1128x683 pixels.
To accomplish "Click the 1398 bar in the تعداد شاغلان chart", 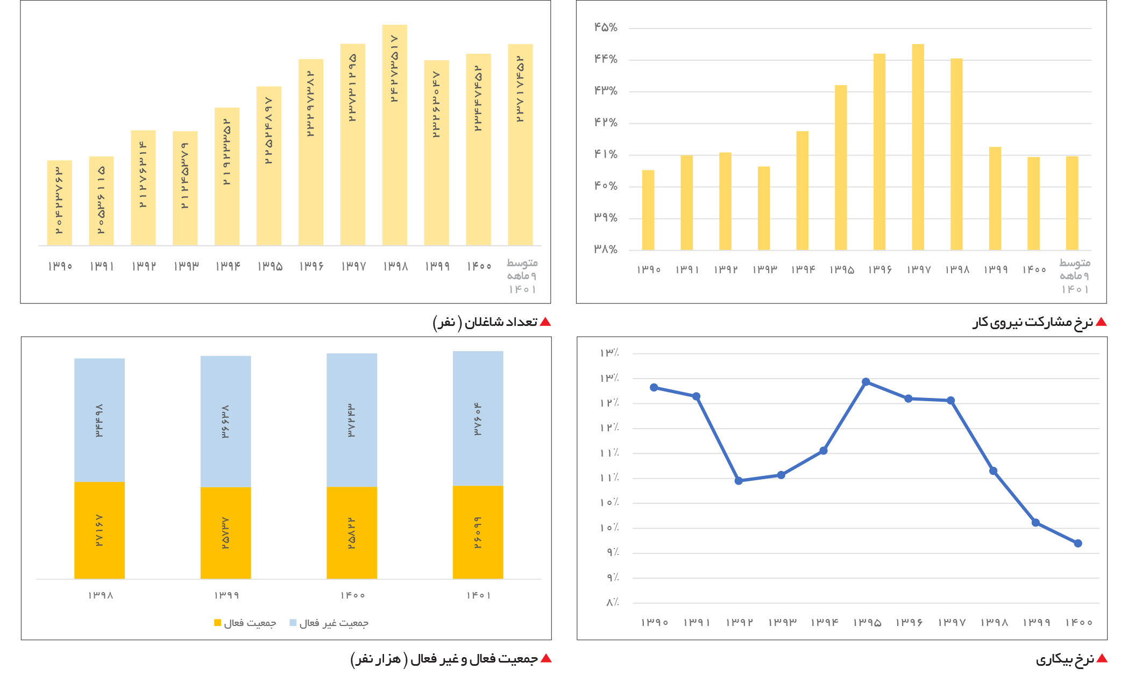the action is click(x=394, y=135).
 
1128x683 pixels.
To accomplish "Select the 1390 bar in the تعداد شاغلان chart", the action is click(x=59, y=203).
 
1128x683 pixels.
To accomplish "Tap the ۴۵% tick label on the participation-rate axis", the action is click(x=606, y=27).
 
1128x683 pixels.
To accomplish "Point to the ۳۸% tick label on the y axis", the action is click(x=606, y=250).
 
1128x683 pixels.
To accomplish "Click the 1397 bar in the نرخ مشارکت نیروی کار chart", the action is click(x=918, y=147).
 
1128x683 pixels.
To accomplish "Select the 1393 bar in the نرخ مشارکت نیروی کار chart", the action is click(x=764, y=208).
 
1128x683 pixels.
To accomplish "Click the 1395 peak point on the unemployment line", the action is click(x=866, y=382).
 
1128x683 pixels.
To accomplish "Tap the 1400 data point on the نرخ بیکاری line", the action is click(x=1078, y=543).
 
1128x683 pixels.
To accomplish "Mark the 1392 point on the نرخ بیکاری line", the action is click(x=739, y=481).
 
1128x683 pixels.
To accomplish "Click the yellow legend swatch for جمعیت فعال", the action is click(x=217, y=623).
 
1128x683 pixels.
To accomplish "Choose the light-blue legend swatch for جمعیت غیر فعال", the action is click(x=293, y=623).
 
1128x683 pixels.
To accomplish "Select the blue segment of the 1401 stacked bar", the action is click(x=478, y=418).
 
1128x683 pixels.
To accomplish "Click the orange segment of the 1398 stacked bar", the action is click(x=100, y=530).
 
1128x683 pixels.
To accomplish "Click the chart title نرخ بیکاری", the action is click(x=1065, y=659).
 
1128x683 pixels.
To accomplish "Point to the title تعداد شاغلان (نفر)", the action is click(x=485, y=322).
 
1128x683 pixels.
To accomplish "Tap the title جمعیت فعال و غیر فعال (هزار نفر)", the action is click(x=444, y=659).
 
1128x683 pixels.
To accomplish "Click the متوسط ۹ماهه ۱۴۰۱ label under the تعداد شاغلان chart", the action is click(x=522, y=276).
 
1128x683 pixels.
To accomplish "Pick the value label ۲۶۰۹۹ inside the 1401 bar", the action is click(x=478, y=532).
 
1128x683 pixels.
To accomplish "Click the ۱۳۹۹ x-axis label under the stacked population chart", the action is click(x=226, y=595).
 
